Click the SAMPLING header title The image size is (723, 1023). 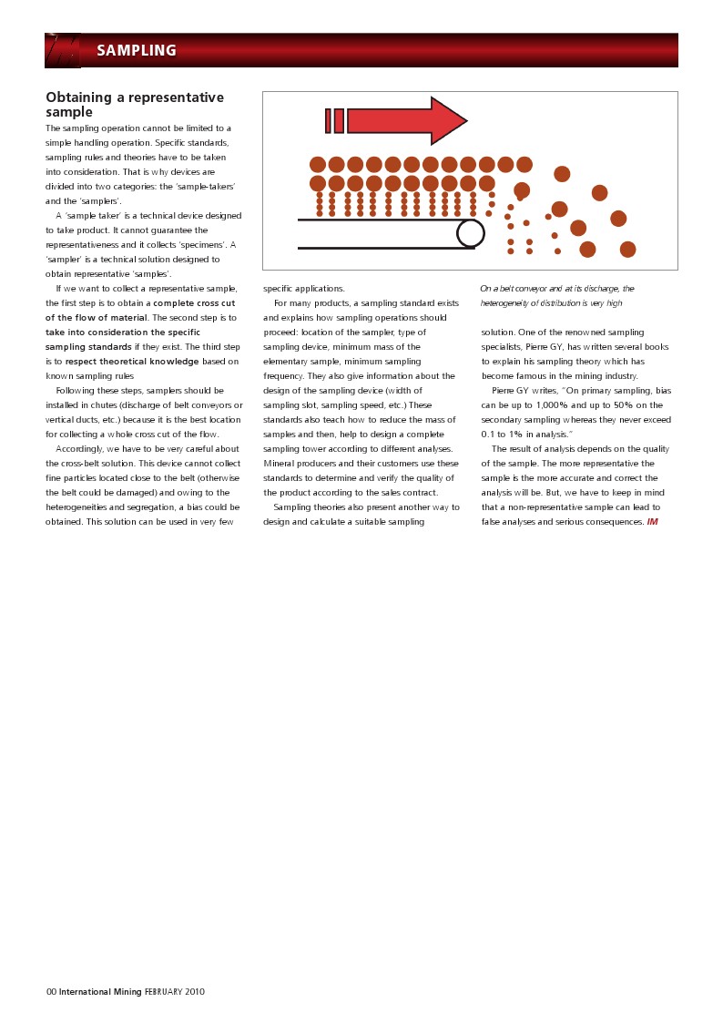(x=137, y=51)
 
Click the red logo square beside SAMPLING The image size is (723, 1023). (x=63, y=51)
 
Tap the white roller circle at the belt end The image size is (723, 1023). (x=471, y=233)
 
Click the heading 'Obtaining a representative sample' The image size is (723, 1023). (x=134, y=105)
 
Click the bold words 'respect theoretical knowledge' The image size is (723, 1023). (x=132, y=362)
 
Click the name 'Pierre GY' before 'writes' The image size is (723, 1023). (x=510, y=391)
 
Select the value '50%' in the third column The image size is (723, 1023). (x=625, y=405)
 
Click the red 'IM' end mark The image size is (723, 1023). (x=652, y=522)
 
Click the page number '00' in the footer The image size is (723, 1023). (x=51, y=992)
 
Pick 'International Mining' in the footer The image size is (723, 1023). (x=100, y=992)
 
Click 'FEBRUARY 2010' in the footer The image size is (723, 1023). (x=175, y=992)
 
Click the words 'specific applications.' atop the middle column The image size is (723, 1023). (x=304, y=289)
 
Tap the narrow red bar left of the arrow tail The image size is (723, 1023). (x=328, y=121)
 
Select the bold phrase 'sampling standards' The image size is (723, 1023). (x=89, y=347)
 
